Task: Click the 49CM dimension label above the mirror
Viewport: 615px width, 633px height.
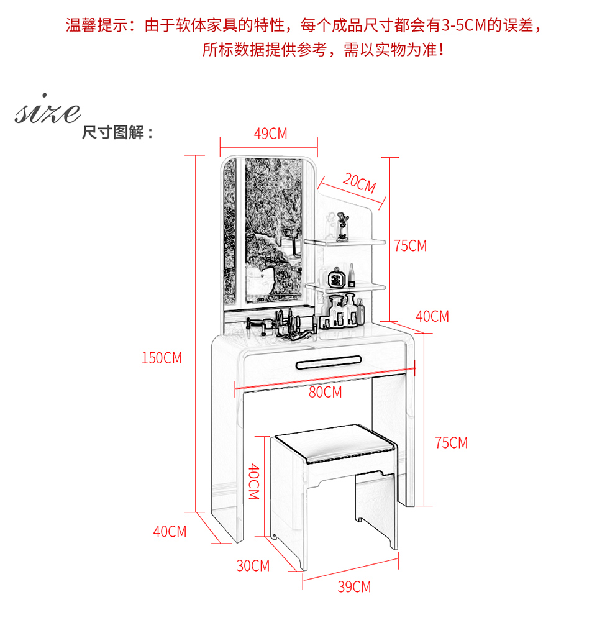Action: coord(271,134)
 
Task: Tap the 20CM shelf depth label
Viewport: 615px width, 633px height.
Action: coord(359,183)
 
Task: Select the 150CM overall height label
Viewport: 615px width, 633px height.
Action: coord(162,358)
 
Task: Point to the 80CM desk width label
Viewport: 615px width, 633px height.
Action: coord(325,392)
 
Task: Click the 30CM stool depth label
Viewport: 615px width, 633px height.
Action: coord(253,565)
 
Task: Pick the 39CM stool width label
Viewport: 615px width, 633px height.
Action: coord(354,586)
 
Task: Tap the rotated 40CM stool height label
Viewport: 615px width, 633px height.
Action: coord(253,481)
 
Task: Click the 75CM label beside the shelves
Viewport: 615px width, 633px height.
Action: coord(410,245)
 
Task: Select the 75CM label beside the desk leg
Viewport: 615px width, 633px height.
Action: coord(451,443)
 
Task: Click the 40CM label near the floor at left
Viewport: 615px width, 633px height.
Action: coord(170,532)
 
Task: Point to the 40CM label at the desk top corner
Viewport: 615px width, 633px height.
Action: coord(432,316)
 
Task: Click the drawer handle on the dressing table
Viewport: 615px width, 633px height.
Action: coord(328,362)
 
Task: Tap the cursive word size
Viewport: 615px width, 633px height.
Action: coord(48,109)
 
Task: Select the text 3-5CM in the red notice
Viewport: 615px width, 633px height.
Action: coord(464,25)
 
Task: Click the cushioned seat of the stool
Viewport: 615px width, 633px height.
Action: coord(334,444)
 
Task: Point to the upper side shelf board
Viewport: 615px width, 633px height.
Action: coord(344,242)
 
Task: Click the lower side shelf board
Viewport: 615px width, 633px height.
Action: coord(345,288)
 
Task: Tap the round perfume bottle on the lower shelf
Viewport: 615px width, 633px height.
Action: coord(335,277)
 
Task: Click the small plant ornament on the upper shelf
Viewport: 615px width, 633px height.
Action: coord(343,227)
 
